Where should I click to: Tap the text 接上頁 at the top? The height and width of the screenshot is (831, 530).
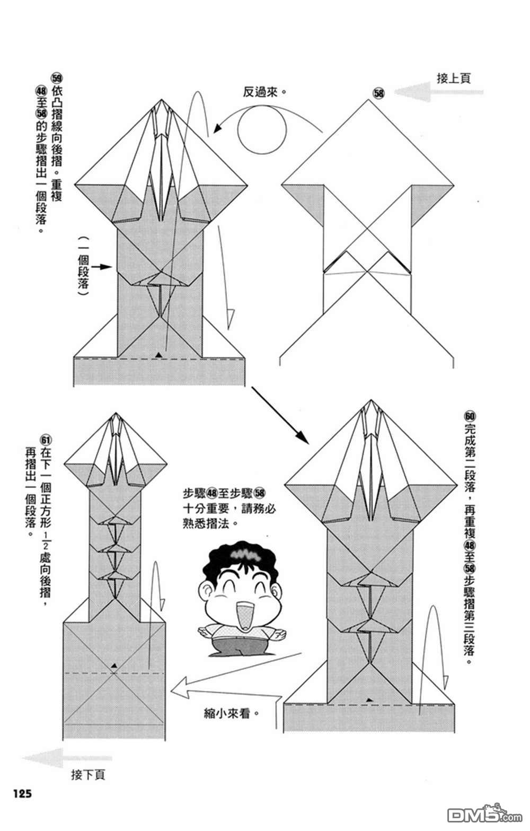(454, 78)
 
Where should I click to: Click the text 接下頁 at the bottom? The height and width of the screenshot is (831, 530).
(88, 774)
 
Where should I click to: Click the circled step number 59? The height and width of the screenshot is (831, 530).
(57, 76)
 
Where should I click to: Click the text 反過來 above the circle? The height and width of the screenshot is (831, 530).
(263, 92)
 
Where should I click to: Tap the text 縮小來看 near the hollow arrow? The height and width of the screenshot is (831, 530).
(231, 712)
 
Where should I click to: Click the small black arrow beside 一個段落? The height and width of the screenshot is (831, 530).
(105, 267)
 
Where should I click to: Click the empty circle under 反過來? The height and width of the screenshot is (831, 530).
(262, 129)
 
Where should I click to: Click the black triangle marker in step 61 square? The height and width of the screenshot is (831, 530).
(113, 664)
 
